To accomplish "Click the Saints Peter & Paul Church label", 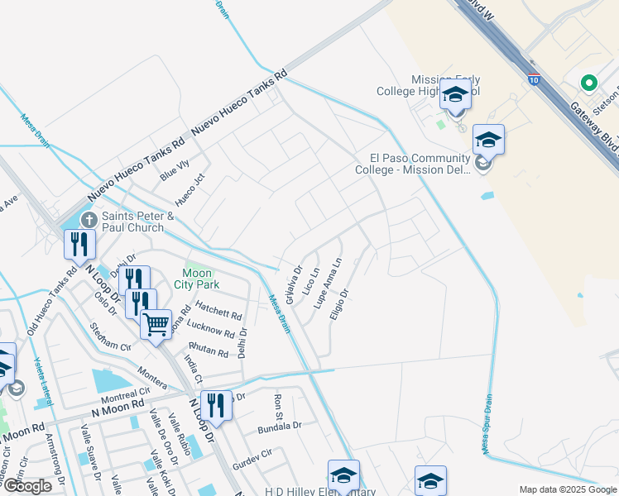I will click(x=137, y=222).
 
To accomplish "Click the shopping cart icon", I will click(x=156, y=322).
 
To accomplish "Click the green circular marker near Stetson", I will click(x=588, y=83).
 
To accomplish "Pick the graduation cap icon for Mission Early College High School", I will click(x=455, y=94).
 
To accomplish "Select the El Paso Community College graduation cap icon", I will click(x=488, y=140).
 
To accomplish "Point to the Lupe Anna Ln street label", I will click(x=328, y=284).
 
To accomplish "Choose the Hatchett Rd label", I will click(x=218, y=315).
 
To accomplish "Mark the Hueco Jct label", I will click(x=190, y=189).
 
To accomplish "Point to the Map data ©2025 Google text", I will click(x=567, y=489).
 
